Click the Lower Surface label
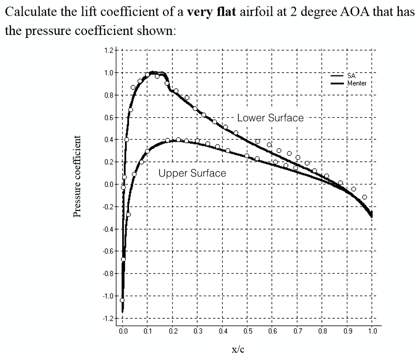tap(270, 118)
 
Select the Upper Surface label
tap(192, 173)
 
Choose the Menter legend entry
tap(357, 83)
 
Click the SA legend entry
tap(351, 77)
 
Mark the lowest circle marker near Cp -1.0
tap(122, 300)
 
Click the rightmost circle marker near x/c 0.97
tap(364, 197)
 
